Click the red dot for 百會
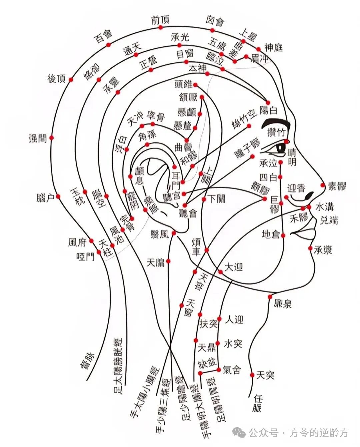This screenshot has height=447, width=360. click(x=108, y=45)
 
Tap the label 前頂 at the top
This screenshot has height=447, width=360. click(x=160, y=21)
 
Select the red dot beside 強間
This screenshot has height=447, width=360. click(x=52, y=138)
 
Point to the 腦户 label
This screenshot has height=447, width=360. click(x=45, y=198)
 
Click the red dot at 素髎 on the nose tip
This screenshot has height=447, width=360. click(x=322, y=185)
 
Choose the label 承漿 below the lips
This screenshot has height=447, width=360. click(x=323, y=249)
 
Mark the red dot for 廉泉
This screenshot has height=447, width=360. click(x=270, y=296)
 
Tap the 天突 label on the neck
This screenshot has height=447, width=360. click(x=265, y=375)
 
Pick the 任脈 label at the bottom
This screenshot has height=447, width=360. click(x=257, y=403)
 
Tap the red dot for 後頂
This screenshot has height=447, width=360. click(x=71, y=79)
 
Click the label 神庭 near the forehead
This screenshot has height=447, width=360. click(x=274, y=47)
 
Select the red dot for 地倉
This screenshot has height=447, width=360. click(x=283, y=235)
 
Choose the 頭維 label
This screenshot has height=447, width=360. click(x=183, y=84)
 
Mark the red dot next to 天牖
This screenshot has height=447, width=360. click(x=169, y=261)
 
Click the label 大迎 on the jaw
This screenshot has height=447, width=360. click(x=234, y=267)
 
